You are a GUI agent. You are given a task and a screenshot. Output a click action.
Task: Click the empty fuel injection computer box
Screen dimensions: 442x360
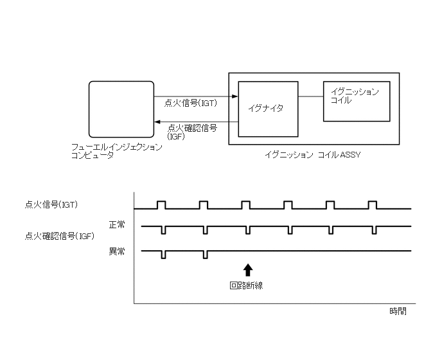(x=121, y=111)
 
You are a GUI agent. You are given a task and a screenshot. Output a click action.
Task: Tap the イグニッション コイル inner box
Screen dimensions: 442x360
(x=356, y=101)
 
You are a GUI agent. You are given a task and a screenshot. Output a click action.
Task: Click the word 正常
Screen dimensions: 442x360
(x=117, y=224)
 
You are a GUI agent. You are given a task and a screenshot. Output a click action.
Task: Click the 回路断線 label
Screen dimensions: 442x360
(x=246, y=285)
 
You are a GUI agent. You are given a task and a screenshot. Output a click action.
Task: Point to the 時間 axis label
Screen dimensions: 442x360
(x=398, y=311)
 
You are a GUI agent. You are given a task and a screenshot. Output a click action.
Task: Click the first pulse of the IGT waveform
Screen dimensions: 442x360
(x=161, y=204)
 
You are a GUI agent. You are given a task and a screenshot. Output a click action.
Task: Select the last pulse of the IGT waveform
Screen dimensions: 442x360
(x=372, y=204)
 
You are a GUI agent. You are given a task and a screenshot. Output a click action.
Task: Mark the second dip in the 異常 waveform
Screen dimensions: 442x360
(x=205, y=254)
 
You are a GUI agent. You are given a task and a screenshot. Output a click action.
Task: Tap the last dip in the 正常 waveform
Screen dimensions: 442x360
(x=372, y=230)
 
